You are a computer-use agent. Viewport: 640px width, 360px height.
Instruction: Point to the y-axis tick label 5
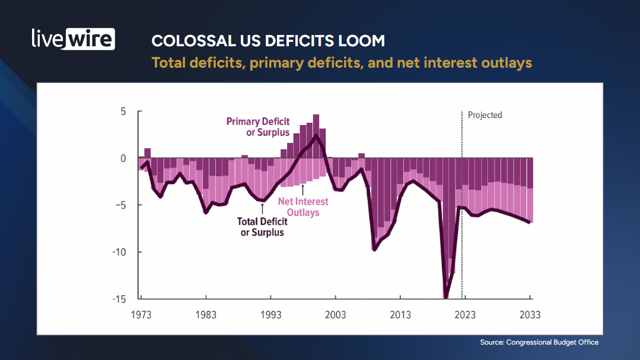point(123,111)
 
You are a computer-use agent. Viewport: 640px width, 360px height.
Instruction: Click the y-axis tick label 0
point(123,158)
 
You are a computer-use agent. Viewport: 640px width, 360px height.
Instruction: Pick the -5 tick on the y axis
point(122,205)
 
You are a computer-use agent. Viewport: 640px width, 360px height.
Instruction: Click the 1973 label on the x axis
point(141,315)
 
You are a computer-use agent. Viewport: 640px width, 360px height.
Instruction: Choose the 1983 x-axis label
point(206,315)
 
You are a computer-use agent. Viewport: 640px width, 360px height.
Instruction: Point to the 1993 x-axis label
point(270,315)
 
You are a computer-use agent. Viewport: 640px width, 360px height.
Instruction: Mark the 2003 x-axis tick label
point(335,315)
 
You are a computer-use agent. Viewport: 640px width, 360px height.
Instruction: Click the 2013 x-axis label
point(400,315)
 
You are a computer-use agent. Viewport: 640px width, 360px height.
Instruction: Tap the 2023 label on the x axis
point(465,315)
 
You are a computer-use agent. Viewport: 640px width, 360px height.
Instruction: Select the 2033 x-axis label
point(530,315)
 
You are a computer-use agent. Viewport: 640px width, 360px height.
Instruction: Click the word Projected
point(485,115)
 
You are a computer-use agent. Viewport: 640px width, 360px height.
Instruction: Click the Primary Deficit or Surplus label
point(258,127)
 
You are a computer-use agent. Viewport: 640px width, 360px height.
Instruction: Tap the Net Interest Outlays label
point(303,207)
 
